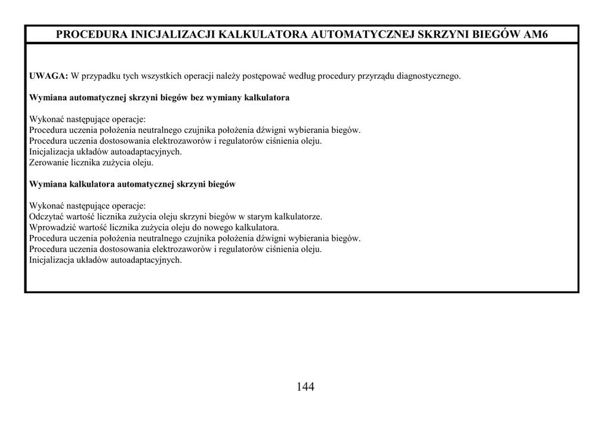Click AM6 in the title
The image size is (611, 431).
535,34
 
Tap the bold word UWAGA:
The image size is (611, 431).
48,76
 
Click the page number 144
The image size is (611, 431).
305,387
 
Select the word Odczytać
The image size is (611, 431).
47,216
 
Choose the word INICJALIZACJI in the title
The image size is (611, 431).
174,34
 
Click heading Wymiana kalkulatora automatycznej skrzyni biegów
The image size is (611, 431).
132,184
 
